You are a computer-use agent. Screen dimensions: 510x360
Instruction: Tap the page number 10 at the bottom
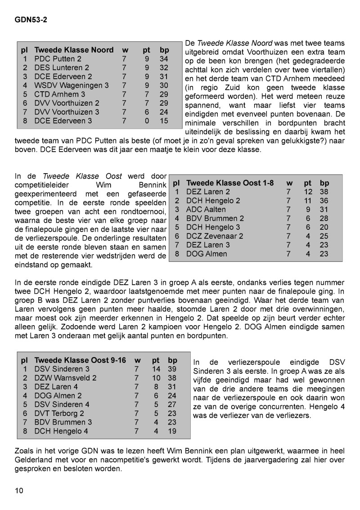pyautogui.click(x=19, y=490)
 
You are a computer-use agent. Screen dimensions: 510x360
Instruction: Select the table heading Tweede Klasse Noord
pyautogui.click(x=74, y=50)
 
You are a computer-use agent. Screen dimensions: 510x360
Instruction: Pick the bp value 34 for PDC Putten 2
pyautogui.click(x=164, y=59)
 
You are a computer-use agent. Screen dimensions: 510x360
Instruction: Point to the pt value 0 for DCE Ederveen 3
pyautogui.click(x=147, y=121)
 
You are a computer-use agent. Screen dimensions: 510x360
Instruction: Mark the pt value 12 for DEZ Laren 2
pyautogui.click(x=308, y=192)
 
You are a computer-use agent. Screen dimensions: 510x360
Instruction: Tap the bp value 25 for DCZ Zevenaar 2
pyautogui.click(x=324, y=236)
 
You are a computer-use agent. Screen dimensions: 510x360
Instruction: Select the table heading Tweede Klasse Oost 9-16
pyautogui.click(x=80, y=360)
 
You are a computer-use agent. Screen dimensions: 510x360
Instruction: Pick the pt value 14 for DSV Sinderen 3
pyautogui.click(x=156, y=369)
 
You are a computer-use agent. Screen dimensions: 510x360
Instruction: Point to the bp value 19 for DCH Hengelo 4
pyautogui.click(x=172, y=431)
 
